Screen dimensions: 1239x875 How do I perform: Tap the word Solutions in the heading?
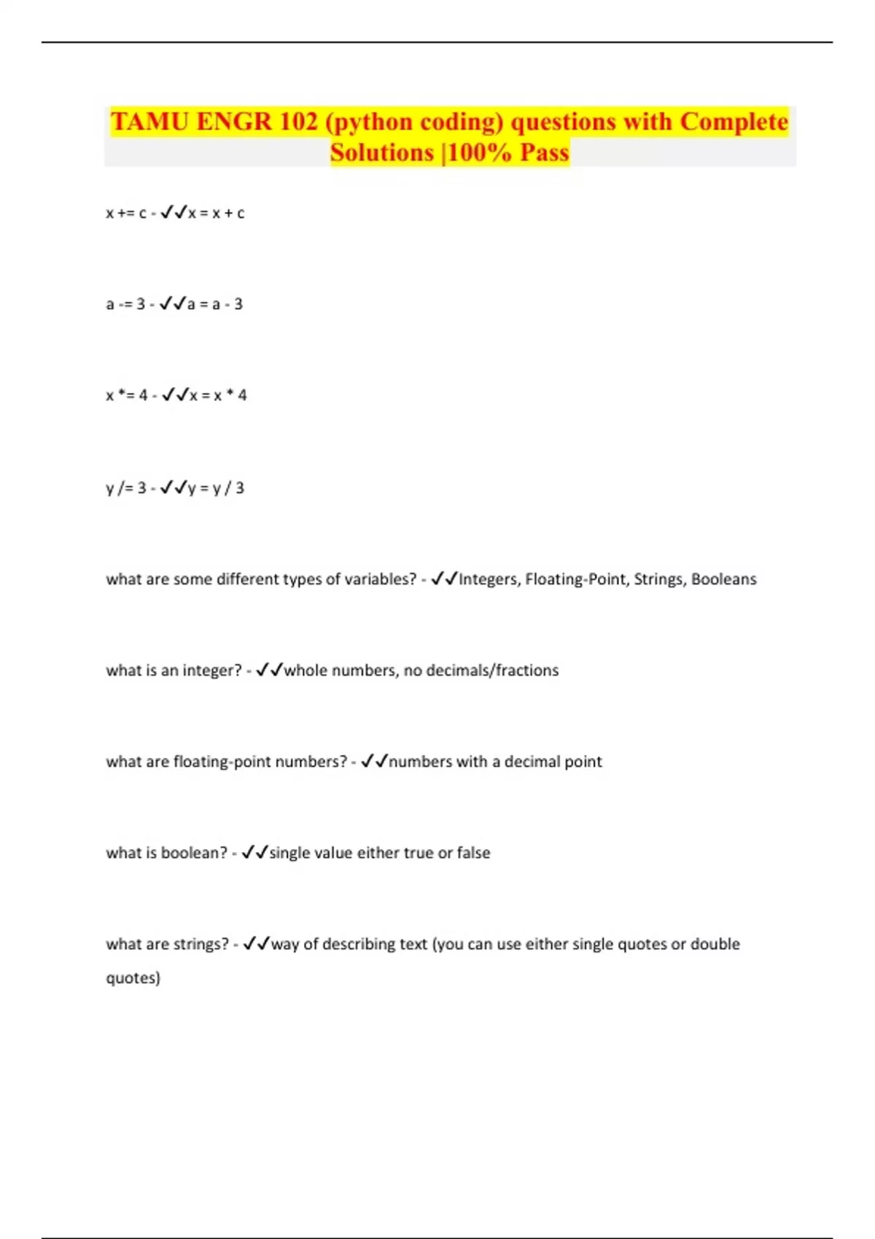coord(381,152)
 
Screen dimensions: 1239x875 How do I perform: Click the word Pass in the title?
coord(544,152)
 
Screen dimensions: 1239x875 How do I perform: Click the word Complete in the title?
coord(734,122)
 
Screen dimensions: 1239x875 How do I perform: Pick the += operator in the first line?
coord(127,214)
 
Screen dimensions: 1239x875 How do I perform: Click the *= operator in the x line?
coord(127,395)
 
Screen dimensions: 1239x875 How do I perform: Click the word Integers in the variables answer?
coord(489,579)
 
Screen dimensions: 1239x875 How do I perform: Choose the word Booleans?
coord(723,579)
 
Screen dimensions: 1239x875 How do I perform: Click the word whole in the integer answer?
coord(306,671)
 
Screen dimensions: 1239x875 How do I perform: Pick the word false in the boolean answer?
coord(473,853)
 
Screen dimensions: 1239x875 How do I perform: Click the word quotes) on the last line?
coord(133,978)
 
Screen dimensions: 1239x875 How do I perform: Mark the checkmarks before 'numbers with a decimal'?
coord(374,762)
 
